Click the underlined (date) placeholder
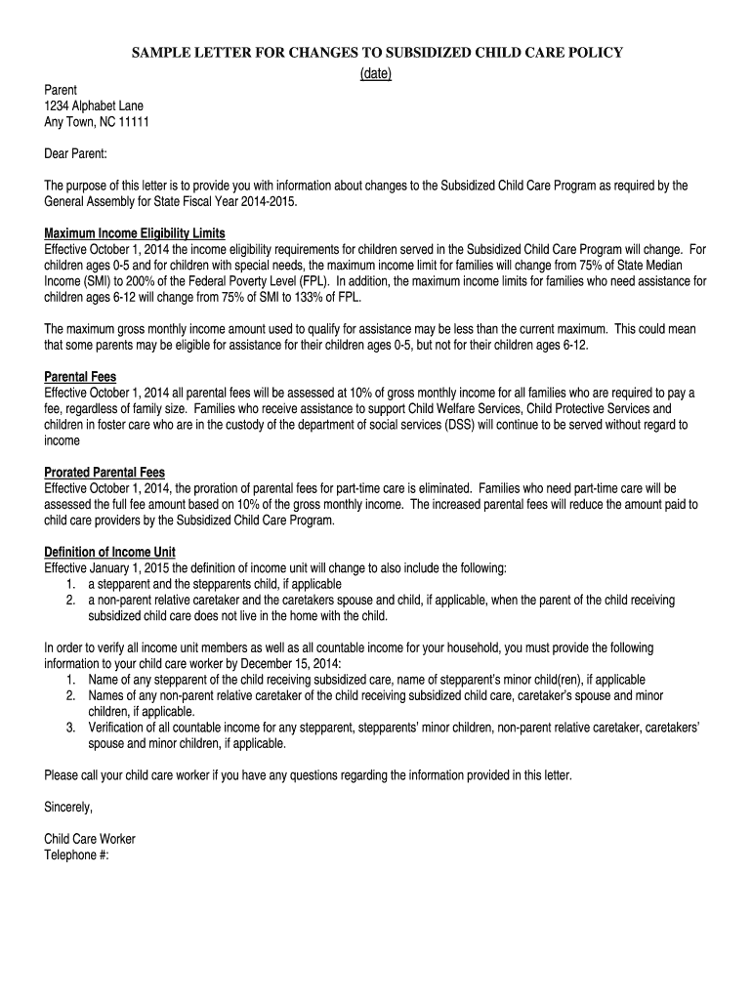(376, 74)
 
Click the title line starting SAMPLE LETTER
(376, 53)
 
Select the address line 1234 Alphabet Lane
(94, 106)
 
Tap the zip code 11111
(133, 122)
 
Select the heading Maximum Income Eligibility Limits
(135, 233)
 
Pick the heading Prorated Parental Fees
(104, 472)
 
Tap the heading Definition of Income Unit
(110, 552)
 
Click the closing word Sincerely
(68, 807)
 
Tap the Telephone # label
(77, 854)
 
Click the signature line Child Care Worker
(90, 839)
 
